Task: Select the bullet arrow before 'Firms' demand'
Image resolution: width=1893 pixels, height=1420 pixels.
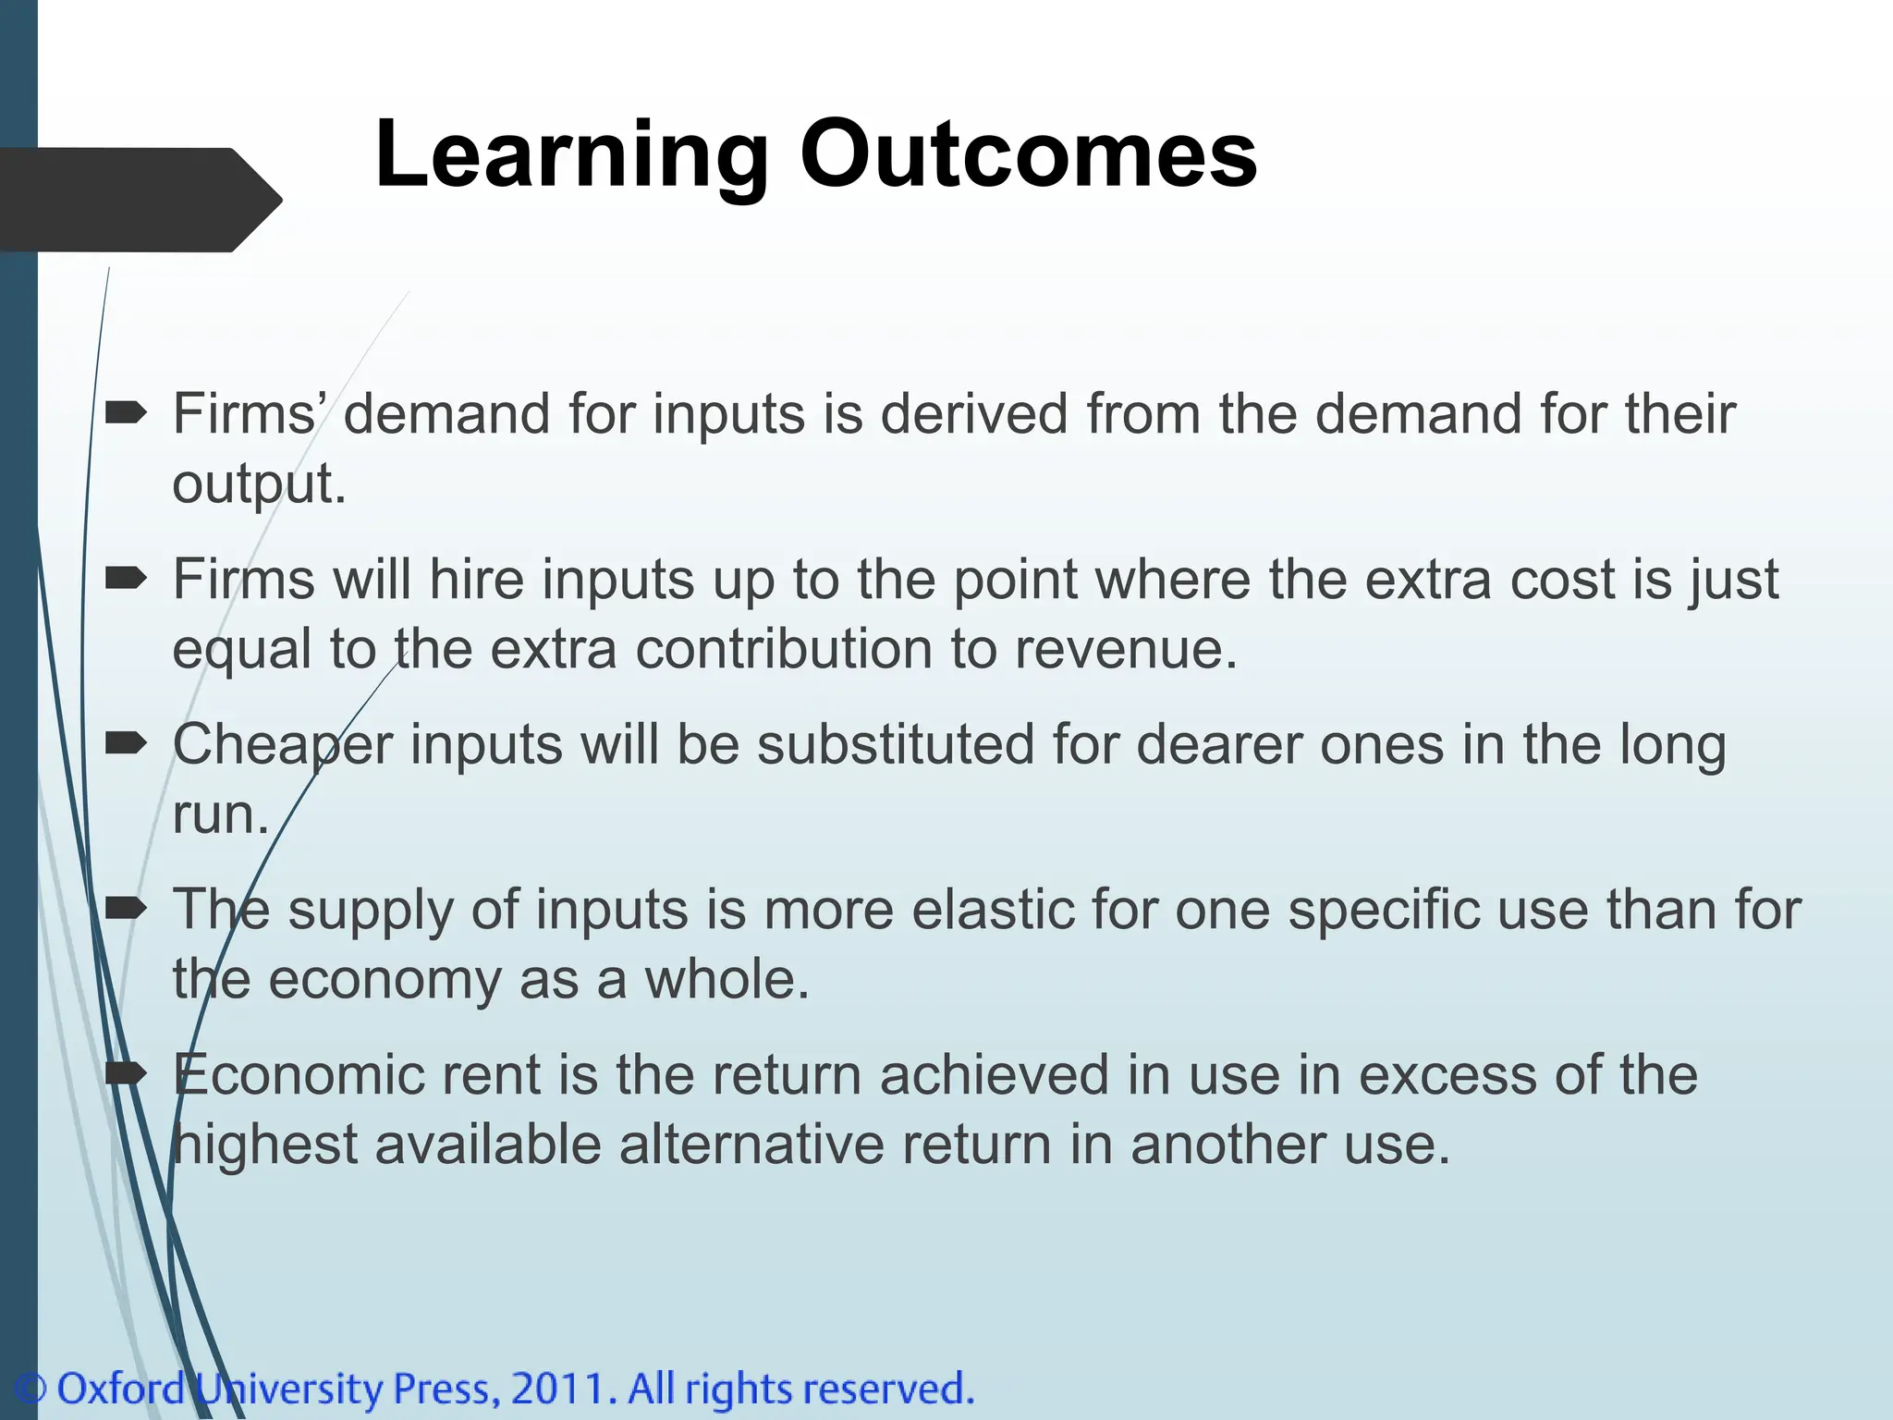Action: click(x=126, y=412)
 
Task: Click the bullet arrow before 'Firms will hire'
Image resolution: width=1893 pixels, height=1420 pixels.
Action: click(x=126, y=579)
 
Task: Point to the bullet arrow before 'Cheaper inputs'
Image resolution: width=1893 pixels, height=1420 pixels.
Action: click(x=126, y=743)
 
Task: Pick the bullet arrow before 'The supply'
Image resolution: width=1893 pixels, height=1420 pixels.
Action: click(x=126, y=909)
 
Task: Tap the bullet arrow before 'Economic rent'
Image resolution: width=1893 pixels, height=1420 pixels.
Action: click(x=126, y=1073)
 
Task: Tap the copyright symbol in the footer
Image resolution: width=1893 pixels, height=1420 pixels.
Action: click(x=31, y=1389)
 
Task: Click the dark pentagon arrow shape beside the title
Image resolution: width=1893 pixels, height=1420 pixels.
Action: click(x=139, y=200)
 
